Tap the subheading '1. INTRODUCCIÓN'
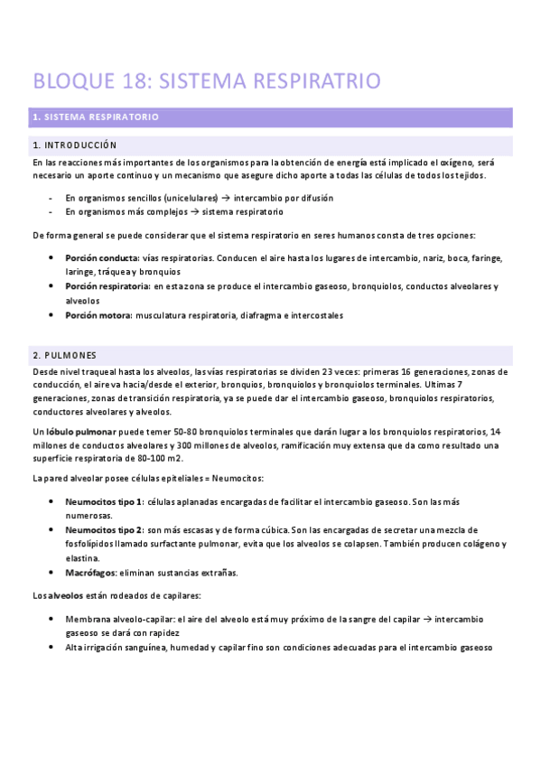74,145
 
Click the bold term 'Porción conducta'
101,258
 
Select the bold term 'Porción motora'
98,315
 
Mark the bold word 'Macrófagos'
89,572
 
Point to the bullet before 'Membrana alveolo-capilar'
51,620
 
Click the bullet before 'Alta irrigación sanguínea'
51,648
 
